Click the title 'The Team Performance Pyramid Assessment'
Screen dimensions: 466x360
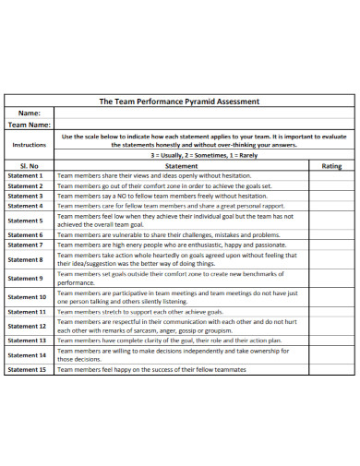point(179,102)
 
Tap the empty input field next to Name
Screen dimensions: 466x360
point(204,113)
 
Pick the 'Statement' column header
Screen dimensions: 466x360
point(181,165)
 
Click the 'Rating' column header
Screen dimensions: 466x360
point(331,165)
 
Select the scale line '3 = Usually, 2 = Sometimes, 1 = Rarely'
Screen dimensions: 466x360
point(204,156)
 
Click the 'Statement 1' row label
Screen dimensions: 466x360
point(25,175)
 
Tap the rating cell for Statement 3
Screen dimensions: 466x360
point(331,196)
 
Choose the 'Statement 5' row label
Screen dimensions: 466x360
point(25,221)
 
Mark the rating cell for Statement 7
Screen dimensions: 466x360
point(331,245)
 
